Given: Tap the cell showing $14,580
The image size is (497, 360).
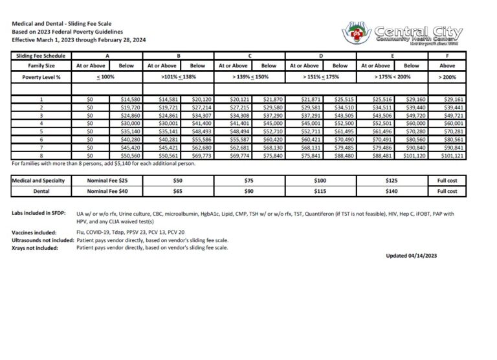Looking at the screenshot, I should [x=126, y=99].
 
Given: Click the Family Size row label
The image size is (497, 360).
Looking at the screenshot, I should [x=41, y=65].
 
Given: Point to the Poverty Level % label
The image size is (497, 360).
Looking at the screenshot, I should [x=41, y=77].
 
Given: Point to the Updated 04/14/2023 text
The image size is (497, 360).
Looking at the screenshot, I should [x=412, y=256].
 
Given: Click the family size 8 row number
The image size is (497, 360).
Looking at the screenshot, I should [x=41, y=155].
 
